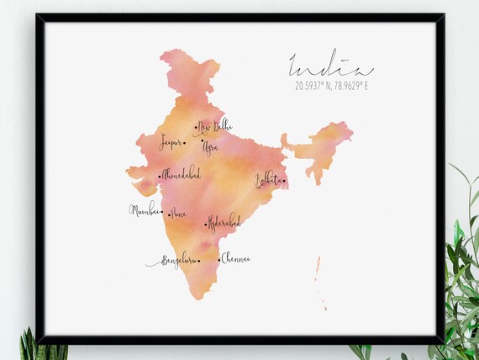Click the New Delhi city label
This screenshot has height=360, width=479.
[215, 126]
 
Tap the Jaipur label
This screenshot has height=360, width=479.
[171, 141]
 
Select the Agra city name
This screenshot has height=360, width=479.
[209, 147]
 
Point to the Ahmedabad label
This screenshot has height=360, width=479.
[182, 173]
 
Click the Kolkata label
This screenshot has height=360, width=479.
[268, 179]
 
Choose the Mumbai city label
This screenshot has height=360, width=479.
[143, 209]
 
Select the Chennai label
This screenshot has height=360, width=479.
[236, 258]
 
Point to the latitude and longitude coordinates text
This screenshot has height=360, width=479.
[331, 85]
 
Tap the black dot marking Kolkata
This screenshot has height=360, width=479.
[284, 180]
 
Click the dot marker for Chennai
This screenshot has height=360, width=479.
[218, 260]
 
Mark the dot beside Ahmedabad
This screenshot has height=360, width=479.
[160, 176]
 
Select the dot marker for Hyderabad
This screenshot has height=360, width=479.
[206, 225]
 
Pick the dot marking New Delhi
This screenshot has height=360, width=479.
[195, 129]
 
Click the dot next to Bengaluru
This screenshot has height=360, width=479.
[199, 261]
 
